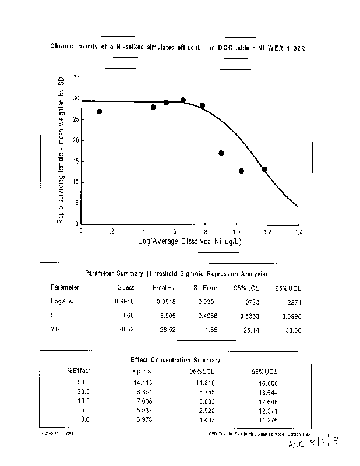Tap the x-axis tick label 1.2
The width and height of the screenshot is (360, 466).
tap(267, 231)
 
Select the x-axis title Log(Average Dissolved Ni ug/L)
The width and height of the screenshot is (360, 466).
tap(190, 241)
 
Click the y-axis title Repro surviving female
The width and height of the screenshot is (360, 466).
tap(60, 150)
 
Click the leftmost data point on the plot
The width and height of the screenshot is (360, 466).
tap(100, 111)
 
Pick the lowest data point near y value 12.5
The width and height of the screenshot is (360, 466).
tap(241, 171)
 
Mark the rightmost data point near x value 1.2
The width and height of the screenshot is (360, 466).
tap(264, 169)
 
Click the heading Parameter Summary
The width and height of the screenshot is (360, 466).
tap(177, 273)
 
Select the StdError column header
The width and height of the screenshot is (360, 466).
tap(206, 287)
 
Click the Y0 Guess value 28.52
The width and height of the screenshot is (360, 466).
tap(125, 329)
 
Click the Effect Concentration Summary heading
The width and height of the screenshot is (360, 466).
tap(175, 360)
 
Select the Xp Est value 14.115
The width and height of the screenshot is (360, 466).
tap(142, 382)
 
